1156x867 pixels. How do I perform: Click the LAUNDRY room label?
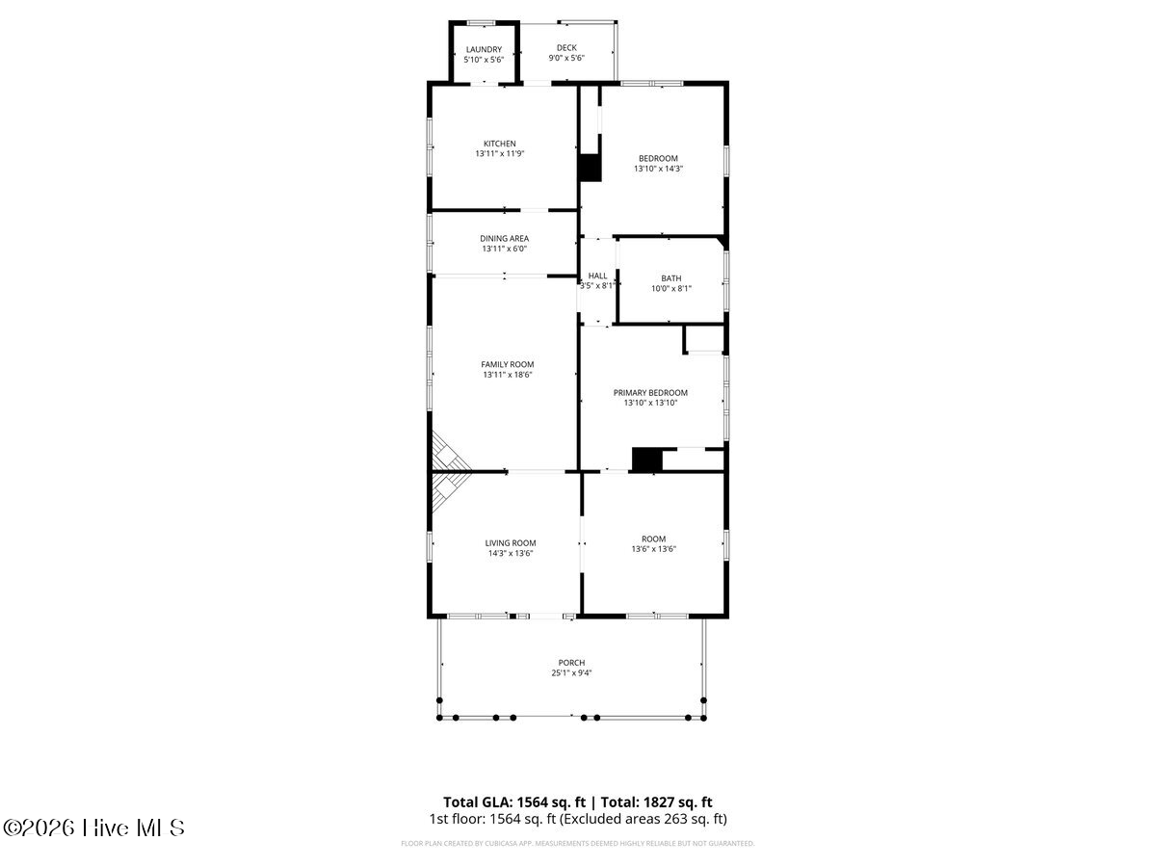pyautogui.click(x=484, y=49)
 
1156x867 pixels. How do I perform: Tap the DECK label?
pyautogui.click(x=566, y=48)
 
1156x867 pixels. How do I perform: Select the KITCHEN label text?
pyautogui.click(x=500, y=144)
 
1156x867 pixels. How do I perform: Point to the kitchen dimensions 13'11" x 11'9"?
pyautogui.click(x=500, y=154)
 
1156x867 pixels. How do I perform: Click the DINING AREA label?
pyautogui.click(x=504, y=239)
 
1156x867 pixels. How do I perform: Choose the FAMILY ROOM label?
pyautogui.click(x=507, y=364)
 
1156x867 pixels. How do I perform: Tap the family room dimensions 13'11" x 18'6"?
pyautogui.click(x=508, y=375)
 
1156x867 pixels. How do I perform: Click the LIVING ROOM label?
pyautogui.click(x=511, y=542)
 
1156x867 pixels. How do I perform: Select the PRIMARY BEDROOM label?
pyautogui.click(x=650, y=393)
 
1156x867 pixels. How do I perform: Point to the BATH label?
pyautogui.click(x=670, y=278)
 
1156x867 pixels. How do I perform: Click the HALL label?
pyautogui.click(x=597, y=276)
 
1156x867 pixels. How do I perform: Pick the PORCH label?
pyautogui.click(x=571, y=663)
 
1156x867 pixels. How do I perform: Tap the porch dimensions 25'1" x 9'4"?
pyautogui.click(x=571, y=672)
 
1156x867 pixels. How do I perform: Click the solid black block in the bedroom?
pyautogui.click(x=590, y=168)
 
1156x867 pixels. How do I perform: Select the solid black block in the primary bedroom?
pyautogui.click(x=646, y=460)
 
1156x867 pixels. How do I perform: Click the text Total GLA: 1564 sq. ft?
pyautogui.click(x=514, y=802)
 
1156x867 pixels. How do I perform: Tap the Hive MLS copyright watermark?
pyautogui.click(x=93, y=828)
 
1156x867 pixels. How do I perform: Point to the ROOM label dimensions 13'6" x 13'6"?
pyautogui.click(x=653, y=549)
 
